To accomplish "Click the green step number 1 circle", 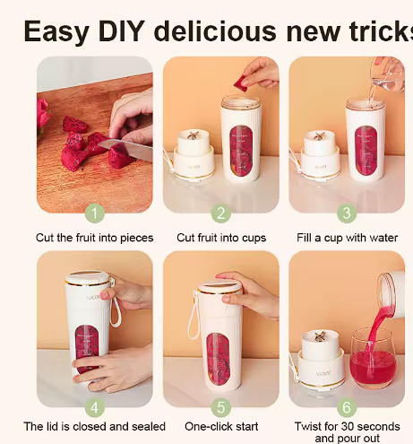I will [95, 213].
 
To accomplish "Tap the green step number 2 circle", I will [220, 213].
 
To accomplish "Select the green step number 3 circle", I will [347, 213].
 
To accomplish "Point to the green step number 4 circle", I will [95, 407].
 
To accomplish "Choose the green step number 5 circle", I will [220, 407].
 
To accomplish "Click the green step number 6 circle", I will [347, 407].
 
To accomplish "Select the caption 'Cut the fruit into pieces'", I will [95, 238].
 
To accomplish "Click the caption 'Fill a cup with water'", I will [347, 238].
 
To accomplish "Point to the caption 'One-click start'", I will [220, 426].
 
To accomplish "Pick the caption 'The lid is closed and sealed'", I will [95, 426].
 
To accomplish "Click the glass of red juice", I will [371, 359].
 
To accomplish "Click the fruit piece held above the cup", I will [240, 83].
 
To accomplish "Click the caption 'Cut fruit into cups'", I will [220, 238].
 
